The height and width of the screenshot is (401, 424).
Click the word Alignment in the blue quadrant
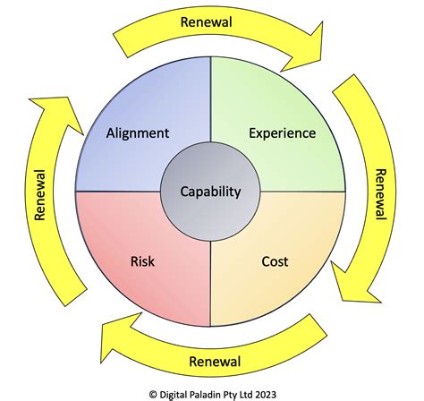[x=137, y=133]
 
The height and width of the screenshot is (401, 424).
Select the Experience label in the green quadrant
[x=283, y=133]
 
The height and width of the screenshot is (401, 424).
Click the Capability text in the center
[x=210, y=191]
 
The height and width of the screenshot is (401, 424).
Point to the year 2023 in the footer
[x=285, y=391]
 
